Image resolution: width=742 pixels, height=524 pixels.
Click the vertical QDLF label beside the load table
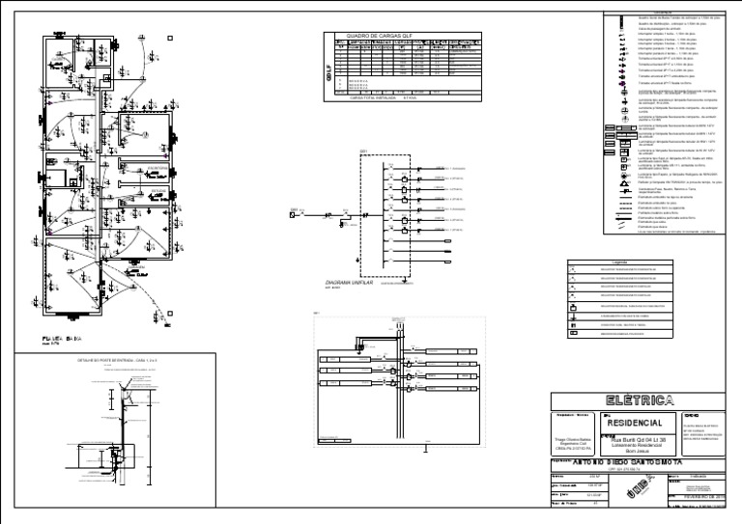[327, 68]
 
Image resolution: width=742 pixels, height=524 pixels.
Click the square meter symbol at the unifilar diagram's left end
[293, 214]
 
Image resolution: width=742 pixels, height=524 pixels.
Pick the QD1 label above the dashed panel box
[363, 152]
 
